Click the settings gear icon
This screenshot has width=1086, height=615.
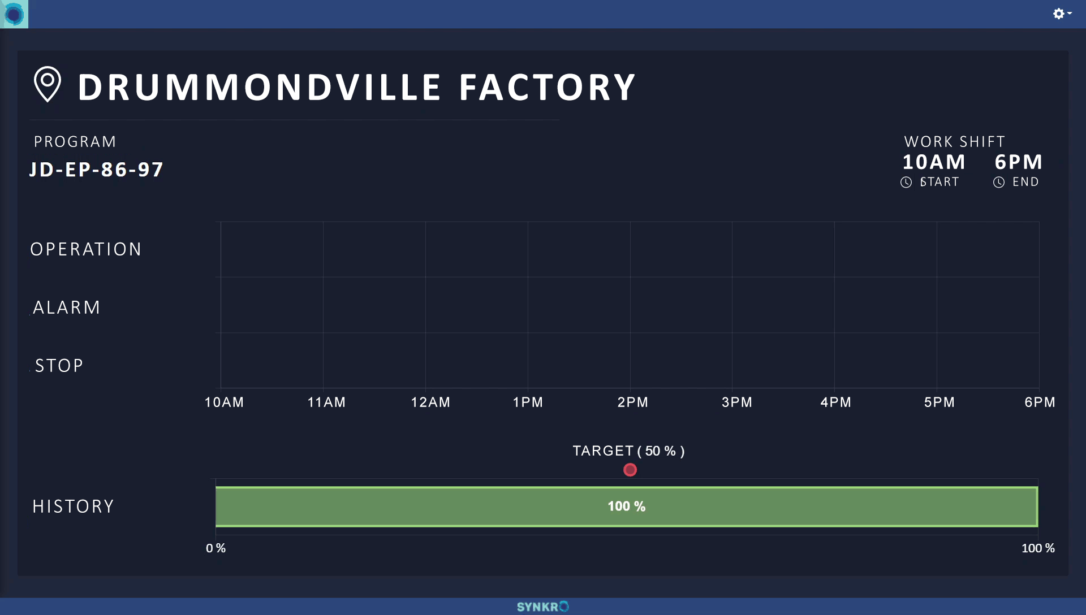coord(1059,14)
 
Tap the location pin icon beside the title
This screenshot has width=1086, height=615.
coord(48,84)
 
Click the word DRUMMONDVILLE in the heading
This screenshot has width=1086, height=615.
coord(259,88)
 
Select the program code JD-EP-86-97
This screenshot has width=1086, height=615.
coord(97,170)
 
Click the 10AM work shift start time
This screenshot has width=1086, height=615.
coord(933,162)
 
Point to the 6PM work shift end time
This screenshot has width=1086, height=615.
coord(1018,162)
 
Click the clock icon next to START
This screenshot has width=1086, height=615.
coord(906,182)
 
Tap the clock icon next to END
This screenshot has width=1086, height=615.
coord(999,182)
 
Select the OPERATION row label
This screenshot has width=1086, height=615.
coord(86,249)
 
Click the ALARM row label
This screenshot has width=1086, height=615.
coord(67,307)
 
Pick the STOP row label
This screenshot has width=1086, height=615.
coord(59,366)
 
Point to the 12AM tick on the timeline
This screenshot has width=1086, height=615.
coord(430,402)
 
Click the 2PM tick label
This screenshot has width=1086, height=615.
coord(632,402)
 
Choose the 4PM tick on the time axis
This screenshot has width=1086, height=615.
coord(835,402)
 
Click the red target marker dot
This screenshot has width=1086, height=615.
coord(630,470)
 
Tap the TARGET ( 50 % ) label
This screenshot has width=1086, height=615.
coord(628,451)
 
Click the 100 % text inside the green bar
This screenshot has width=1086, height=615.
coord(627,506)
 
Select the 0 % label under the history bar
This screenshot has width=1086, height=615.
coord(216,548)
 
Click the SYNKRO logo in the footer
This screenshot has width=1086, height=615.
coord(542,607)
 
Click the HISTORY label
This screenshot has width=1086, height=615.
coord(74,506)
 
